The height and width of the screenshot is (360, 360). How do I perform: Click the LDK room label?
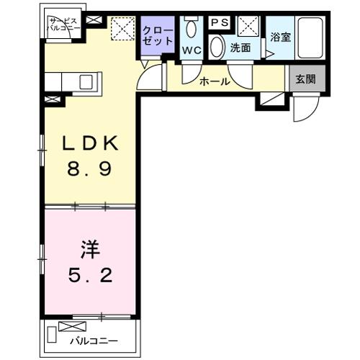[88, 144]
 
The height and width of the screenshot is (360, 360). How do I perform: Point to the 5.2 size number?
[88, 276]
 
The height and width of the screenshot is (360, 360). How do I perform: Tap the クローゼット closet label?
[158, 36]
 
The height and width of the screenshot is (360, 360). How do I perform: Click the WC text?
[192, 50]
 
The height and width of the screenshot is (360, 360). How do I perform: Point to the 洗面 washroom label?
[240, 49]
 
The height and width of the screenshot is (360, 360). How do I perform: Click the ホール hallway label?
[215, 81]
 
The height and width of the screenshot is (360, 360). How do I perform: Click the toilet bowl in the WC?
[192, 30]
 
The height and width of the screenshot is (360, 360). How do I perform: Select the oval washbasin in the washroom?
[217, 47]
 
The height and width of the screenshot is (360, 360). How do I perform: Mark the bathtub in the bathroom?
[311, 37]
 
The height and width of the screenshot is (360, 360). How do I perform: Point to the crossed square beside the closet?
[122, 30]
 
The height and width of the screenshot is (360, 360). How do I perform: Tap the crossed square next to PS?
[250, 27]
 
